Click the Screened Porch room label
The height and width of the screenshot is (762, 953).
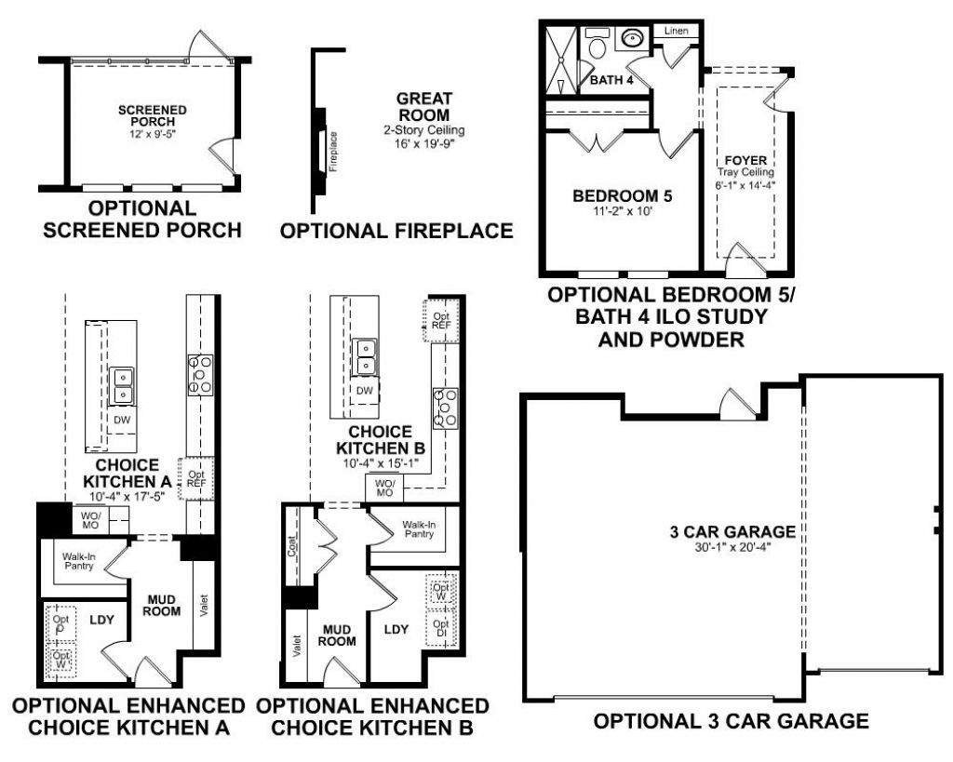coord(153,115)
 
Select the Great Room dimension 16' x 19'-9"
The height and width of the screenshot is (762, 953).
coord(424,144)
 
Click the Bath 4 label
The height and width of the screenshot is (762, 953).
coord(611,81)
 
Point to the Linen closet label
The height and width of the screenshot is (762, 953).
coord(677,32)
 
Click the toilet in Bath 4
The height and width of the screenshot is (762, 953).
coord(596,45)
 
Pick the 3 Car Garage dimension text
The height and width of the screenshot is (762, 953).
coord(732,549)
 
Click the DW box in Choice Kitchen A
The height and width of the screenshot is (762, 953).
coord(122,420)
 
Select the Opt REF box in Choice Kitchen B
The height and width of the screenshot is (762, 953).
coord(441,321)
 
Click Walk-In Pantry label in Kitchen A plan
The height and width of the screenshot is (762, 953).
coord(79,561)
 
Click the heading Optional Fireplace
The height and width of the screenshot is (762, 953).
coord(396,230)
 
